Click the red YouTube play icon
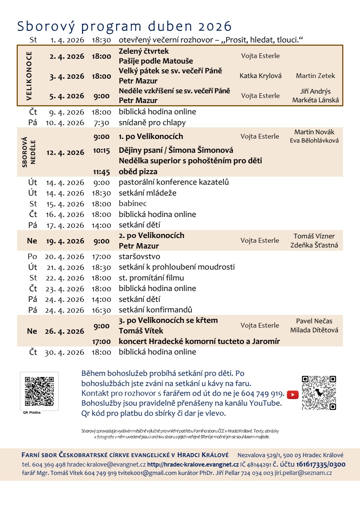(x=292, y=395)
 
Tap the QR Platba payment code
(x=39, y=391)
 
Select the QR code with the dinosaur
(x=319, y=393)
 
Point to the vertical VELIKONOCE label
(x=29, y=75)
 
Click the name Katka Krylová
(x=260, y=76)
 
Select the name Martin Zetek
(x=315, y=76)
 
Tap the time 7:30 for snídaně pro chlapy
(x=101, y=123)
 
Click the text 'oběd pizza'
(x=138, y=172)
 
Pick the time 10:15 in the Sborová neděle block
(x=101, y=151)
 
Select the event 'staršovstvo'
(x=139, y=256)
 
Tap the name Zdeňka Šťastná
(x=314, y=245)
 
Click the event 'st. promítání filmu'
(x=151, y=278)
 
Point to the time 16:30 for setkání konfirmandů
(x=101, y=310)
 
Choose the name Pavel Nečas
(x=314, y=321)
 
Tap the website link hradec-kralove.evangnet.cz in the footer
(x=193, y=464)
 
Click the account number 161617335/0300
(x=320, y=464)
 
